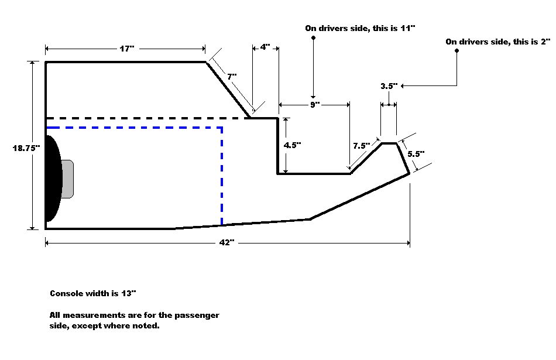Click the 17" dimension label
point(127,49)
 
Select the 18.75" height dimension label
point(26,148)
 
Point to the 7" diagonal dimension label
point(231,77)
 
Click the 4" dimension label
point(265,47)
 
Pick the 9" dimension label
point(315,105)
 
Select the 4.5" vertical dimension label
point(292,146)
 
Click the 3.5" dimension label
point(389,86)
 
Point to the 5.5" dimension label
point(416,154)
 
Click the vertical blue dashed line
point(222,176)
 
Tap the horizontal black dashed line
point(146,118)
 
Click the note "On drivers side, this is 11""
point(360,28)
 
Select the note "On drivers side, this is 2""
point(499,42)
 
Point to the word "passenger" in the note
point(196,315)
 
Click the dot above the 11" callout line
point(314,38)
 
